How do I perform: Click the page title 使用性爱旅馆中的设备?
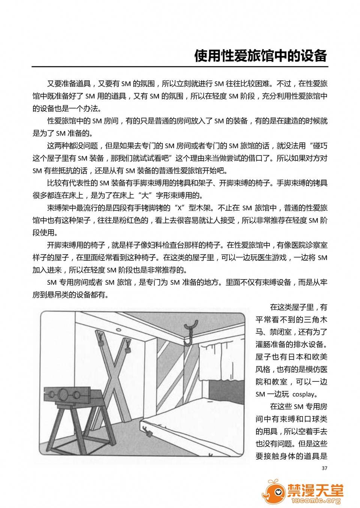(x=261, y=56)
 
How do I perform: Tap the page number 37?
(x=325, y=468)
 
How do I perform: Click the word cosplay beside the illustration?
(x=304, y=394)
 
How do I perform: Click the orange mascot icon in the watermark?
(x=273, y=491)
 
